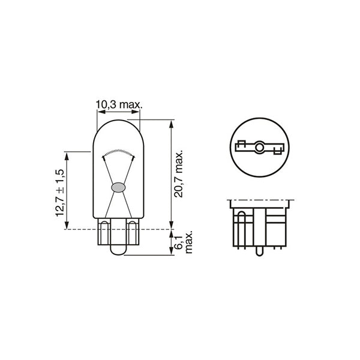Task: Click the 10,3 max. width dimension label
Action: coord(118,105)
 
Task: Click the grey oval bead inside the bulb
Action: coord(118,187)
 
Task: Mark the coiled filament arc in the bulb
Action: coord(118,151)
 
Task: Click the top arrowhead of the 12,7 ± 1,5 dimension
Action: coord(67,155)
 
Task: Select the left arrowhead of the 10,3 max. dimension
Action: coord(100,112)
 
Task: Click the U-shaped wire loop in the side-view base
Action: coord(240,228)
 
